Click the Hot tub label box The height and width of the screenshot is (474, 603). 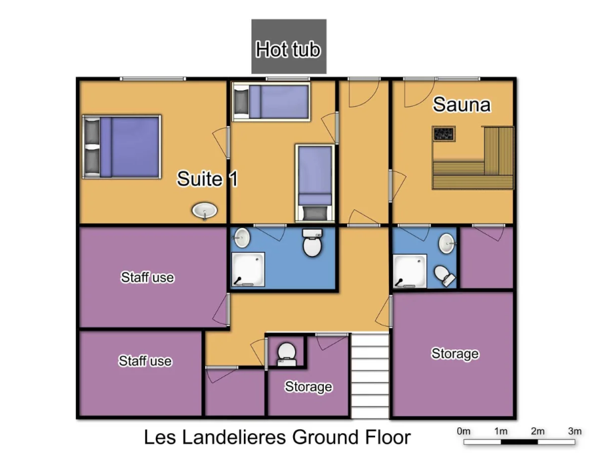coord(289,47)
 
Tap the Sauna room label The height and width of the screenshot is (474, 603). coord(462,105)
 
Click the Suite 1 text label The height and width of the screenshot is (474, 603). coord(207,179)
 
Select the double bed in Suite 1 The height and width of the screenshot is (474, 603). coord(121,147)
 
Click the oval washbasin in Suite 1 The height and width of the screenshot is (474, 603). coord(205,211)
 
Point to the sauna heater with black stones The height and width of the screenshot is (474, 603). coord(444,134)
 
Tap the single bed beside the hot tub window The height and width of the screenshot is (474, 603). coord(271,101)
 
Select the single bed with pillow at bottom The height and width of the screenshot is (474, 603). coord(314,183)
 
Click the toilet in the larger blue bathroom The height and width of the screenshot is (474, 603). coord(312,243)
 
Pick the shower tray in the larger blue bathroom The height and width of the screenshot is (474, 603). coord(248,269)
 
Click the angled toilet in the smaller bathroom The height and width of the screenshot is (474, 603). coord(445,275)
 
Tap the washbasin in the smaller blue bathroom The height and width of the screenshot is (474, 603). coord(447,243)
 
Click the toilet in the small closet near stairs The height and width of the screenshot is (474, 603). coord(287,355)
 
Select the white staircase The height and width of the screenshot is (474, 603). coord(370,376)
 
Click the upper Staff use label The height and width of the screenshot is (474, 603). coord(147,277)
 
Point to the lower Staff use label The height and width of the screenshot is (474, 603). coord(145,361)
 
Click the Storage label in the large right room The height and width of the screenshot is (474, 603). coord(455,353)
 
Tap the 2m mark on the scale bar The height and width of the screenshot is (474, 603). coord(538,431)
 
